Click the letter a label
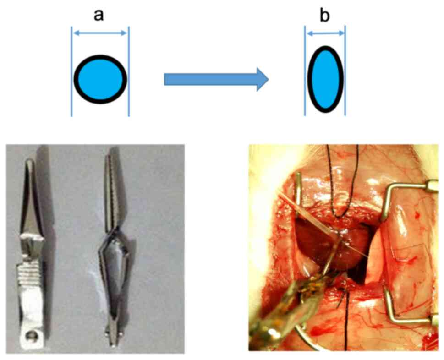coord(99,15)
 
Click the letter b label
coord(324,16)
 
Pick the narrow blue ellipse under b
coord(325,79)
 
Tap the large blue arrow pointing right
coord(215,79)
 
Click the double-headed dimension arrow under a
coord(100,33)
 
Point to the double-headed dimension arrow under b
coord(325,33)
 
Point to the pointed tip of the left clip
coord(29,162)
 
